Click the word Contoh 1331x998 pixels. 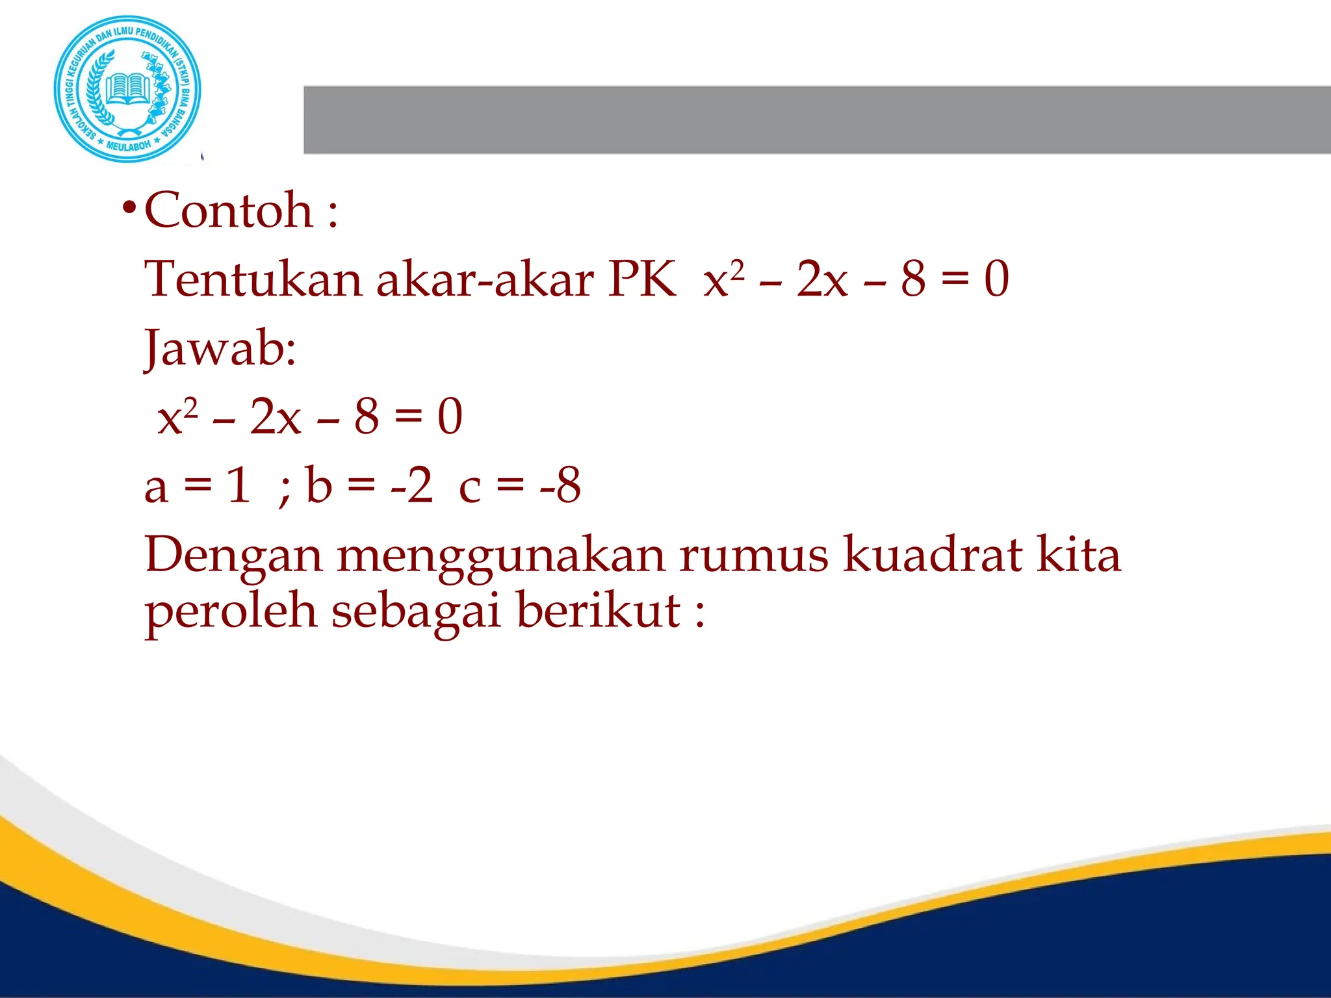coord(229,211)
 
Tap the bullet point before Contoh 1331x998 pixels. coord(129,209)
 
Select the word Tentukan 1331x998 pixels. coord(253,279)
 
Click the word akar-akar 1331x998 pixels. coord(485,279)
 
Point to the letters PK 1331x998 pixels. coord(642,279)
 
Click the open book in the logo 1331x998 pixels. coord(128,87)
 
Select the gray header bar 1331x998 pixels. coord(816,120)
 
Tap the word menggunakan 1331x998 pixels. coord(500,556)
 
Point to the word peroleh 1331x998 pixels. coord(231,612)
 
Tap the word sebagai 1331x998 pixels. coord(417,612)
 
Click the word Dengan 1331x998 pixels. coord(233,556)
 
